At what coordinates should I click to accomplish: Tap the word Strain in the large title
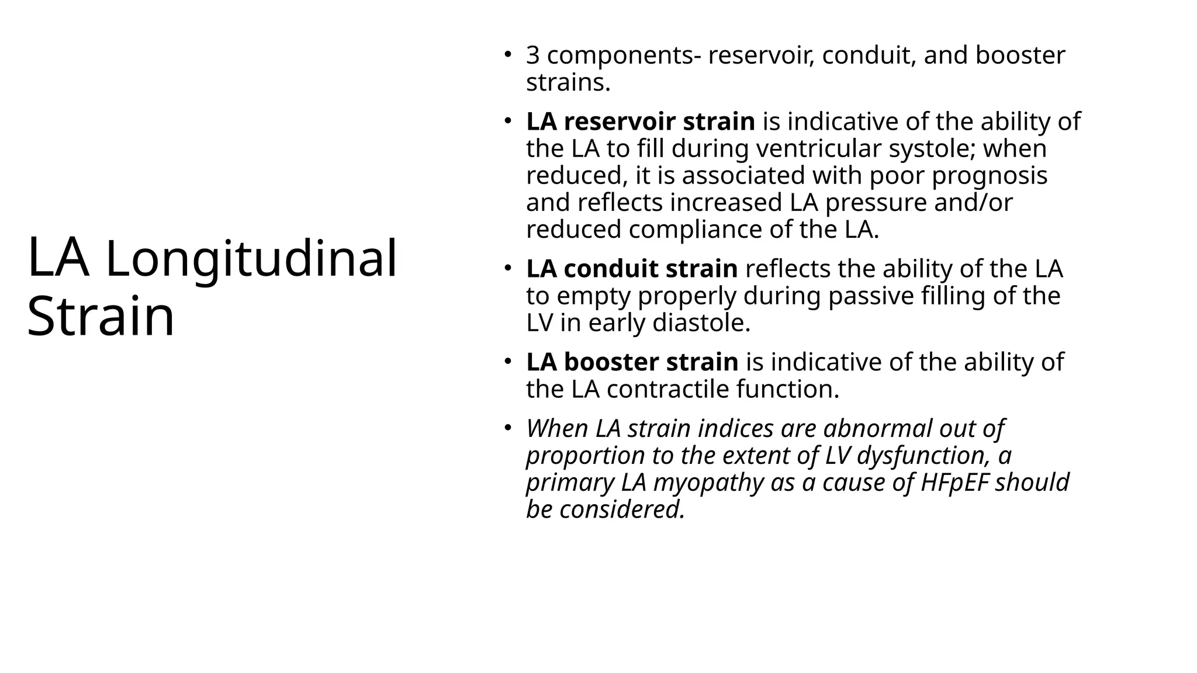[101, 316]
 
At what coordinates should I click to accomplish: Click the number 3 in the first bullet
[532, 55]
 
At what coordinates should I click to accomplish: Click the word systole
[930, 148]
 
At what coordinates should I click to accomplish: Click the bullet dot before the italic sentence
[508, 426]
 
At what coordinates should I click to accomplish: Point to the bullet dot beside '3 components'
[508, 54]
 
